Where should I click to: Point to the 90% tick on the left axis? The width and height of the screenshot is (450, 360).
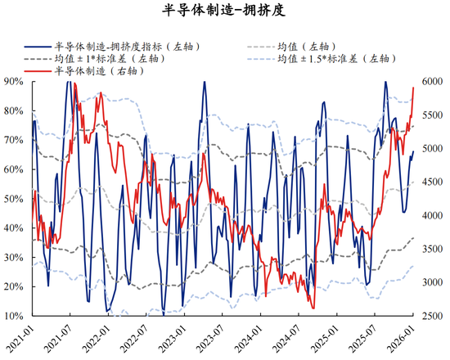pyautogui.click(x=14, y=81)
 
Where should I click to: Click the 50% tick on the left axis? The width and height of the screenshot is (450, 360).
pyautogui.click(x=14, y=199)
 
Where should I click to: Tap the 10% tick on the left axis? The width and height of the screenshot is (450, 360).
pyautogui.click(x=14, y=316)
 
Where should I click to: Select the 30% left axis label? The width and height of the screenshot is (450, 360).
pyautogui.click(x=14, y=257)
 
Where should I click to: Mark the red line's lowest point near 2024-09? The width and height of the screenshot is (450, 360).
pyautogui.click(x=313, y=308)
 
